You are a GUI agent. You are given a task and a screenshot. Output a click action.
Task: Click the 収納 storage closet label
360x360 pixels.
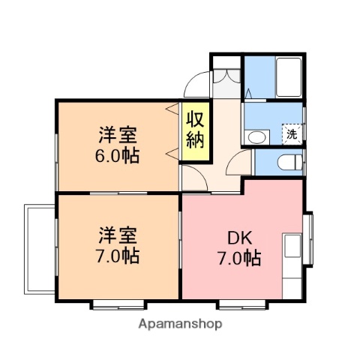click(195, 131)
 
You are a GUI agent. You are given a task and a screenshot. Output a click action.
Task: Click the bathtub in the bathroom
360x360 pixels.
click(289, 75)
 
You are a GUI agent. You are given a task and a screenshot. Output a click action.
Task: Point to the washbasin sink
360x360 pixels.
click(256, 137)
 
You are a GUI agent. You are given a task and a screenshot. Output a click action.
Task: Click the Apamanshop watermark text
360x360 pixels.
click(181, 324)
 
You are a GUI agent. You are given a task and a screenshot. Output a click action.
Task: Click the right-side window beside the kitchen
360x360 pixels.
click(308, 239)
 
